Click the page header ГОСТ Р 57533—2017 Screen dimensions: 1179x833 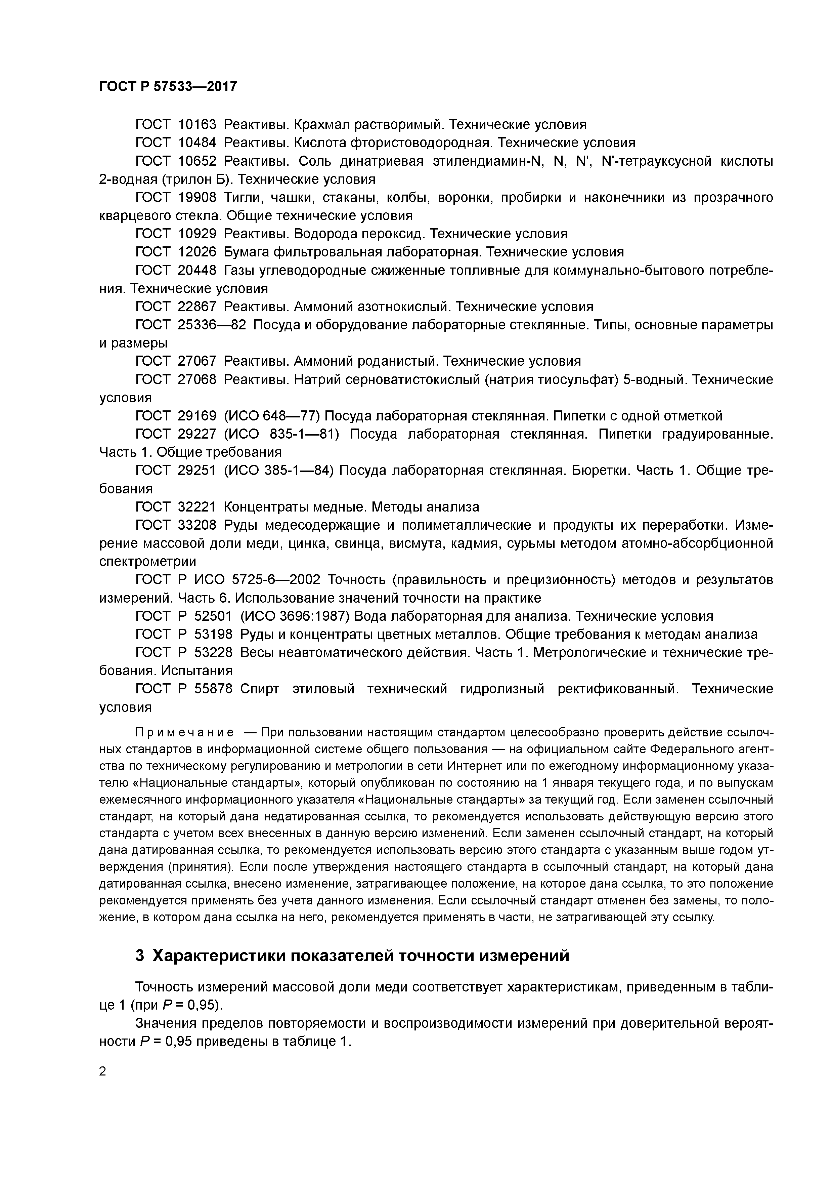(168, 87)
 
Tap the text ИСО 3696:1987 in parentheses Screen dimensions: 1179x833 (296, 616)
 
